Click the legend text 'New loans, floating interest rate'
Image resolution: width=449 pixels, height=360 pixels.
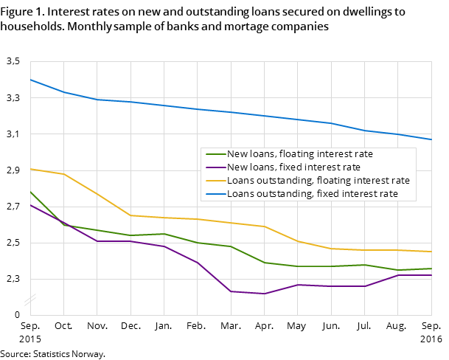point(299,154)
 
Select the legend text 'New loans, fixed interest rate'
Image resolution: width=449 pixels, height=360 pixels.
point(293,167)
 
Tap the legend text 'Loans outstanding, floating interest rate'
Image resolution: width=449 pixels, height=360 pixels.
point(318,181)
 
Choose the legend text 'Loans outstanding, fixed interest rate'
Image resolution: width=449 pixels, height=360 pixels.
point(312,194)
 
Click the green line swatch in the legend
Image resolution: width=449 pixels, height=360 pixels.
point(215,154)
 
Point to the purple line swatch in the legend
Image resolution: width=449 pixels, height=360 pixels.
point(215,167)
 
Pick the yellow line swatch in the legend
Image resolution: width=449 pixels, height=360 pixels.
point(215,181)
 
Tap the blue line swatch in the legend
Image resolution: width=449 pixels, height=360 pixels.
point(215,194)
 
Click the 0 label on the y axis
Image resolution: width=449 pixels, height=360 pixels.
point(17,314)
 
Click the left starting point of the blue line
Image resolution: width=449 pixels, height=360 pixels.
point(30,79)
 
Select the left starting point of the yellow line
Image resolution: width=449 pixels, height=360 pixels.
point(30,169)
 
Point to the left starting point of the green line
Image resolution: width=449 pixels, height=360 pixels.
point(30,191)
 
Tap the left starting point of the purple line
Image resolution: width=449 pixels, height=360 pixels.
point(30,204)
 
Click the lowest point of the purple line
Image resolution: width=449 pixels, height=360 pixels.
point(264,294)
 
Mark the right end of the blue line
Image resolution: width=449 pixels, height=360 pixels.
point(431,139)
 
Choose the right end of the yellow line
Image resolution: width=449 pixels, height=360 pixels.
point(431,252)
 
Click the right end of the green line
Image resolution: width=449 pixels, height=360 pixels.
point(431,269)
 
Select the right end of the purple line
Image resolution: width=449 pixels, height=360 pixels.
point(431,275)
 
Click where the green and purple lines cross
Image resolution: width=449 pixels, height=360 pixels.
point(62,222)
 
